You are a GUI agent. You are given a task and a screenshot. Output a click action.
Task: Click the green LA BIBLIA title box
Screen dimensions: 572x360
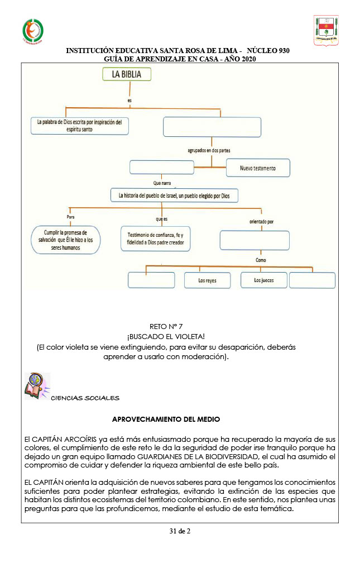point(119,75)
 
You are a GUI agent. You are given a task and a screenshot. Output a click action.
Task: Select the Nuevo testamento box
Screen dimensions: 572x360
point(257,168)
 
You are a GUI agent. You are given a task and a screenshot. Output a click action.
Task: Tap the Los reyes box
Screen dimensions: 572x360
point(207,280)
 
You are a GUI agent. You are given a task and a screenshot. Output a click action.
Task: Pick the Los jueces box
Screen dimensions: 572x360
point(263,280)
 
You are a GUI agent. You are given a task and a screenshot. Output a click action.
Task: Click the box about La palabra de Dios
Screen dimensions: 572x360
point(79,126)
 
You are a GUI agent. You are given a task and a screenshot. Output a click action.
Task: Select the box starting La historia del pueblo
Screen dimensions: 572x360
point(174,196)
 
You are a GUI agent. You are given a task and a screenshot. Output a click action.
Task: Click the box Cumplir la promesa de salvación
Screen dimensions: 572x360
point(65,240)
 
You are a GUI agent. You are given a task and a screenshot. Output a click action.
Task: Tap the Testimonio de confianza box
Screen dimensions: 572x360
point(155,239)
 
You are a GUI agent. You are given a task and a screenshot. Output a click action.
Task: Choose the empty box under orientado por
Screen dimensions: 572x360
point(255,240)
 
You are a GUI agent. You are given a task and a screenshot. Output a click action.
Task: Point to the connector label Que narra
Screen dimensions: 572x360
point(162,183)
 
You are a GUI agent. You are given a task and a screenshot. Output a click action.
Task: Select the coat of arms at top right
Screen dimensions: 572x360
point(326,30)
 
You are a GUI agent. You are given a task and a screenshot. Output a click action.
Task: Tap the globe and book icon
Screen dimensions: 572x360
point(37,386)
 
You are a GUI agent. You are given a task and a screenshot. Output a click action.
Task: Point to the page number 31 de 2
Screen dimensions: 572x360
point(180,531)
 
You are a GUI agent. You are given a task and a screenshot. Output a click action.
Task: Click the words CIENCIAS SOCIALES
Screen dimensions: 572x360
point(85,398)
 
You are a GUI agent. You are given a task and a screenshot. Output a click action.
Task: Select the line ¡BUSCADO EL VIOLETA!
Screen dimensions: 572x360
point(166,336)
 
